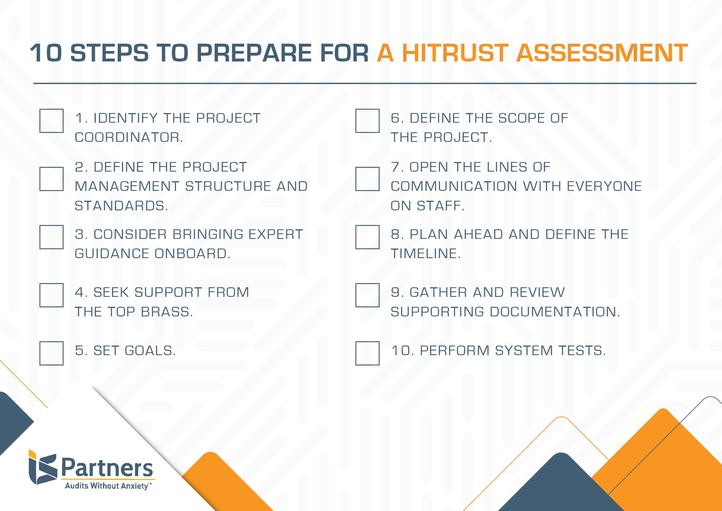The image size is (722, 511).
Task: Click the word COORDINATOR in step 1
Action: click(129, 137)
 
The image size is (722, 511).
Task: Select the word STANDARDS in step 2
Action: click(121, 206)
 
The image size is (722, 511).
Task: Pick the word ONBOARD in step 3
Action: click(192, 253)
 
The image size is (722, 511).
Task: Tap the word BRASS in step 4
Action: click(167, 312)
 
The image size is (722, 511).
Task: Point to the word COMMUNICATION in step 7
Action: click(454, 186)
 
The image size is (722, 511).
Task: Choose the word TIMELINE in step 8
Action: click(425, 253)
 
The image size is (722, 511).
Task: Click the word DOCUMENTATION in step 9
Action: click(555, 312)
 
